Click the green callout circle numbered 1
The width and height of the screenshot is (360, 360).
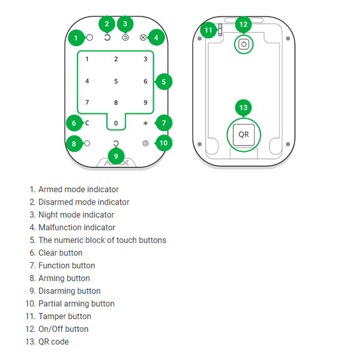coord(76,38)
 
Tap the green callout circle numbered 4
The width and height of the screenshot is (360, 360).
coord(156,38)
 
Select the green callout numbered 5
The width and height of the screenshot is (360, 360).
coord(163,82)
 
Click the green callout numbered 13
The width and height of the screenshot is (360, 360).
coord(243,108)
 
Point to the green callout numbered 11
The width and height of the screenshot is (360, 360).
coord(208,29)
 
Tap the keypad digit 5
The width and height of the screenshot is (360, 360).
coord(116,82)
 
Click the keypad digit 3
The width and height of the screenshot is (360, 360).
coord(145,59)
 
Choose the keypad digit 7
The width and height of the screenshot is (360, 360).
coord(87,103)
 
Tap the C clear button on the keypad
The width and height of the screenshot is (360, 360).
coord(87,123)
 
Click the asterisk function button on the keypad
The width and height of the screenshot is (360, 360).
coord(145,123)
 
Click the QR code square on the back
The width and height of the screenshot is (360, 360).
coord(243,134)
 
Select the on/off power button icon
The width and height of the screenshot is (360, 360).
coord(244,44)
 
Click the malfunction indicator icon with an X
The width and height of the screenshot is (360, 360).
coord(143,37)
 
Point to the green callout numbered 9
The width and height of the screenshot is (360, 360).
coord(116,157)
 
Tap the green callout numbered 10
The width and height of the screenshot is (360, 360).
coord(163,143)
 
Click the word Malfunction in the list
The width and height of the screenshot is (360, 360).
coord(59,227)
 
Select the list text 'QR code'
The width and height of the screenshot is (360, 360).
coord(53,341)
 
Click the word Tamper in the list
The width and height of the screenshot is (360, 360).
coord(52,316)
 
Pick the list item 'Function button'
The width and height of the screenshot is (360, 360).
coord(67,265)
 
